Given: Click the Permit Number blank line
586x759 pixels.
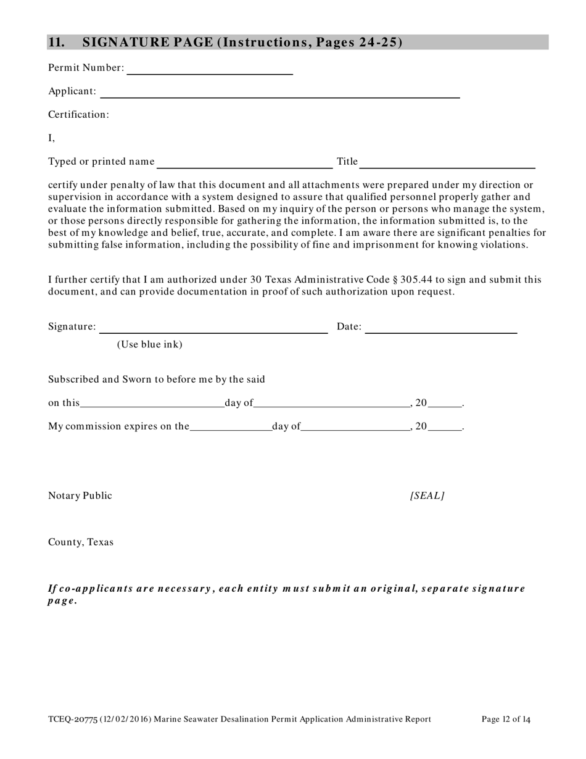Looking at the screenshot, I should tap(209, 70).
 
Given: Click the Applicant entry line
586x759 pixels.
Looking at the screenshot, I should tap(279, 94).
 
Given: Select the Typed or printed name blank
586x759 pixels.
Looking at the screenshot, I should tap(245, 164).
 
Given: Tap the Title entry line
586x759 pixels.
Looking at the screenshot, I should tap(447, 164).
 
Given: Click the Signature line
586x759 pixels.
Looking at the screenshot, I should tap(213, 329).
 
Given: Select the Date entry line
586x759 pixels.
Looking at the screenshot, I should tap(441, 329).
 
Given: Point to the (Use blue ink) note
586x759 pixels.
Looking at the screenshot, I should tap(150, 344).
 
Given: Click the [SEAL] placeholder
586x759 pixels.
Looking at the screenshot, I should tap(427, 496).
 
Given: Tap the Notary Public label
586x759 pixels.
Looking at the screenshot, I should tap(80, 496).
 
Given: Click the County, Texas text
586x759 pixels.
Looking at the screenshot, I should tap(81, 542).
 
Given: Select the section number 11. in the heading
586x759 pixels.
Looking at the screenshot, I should tap(56, 42).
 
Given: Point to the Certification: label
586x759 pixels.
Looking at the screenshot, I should tap(78, 115).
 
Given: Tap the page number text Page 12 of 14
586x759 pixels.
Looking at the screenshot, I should tap(506, 719).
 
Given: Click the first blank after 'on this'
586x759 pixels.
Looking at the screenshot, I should tap(152, 405).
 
